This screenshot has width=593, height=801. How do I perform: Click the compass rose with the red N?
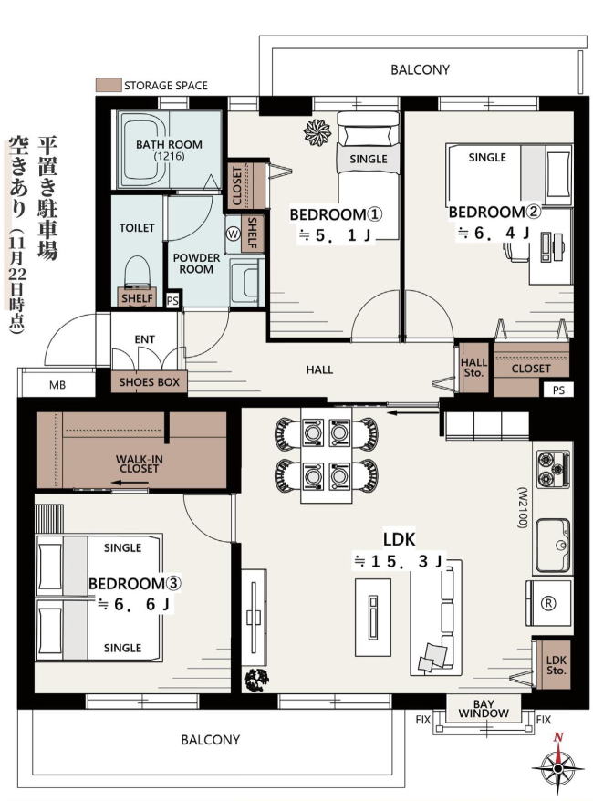click(557, 766)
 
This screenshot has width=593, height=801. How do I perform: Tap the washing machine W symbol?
click(234, 234)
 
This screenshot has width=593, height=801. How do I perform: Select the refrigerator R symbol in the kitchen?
click(548, 603)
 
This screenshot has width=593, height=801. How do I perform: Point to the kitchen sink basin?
click(553, 545)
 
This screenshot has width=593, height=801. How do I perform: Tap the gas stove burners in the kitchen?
click(553, 469)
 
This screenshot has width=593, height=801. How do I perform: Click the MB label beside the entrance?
click(57, 385)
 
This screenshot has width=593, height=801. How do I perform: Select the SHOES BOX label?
click(149, 382)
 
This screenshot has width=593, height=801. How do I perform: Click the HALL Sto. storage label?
click(474, 368)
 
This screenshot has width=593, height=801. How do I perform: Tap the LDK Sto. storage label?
click(556, 664)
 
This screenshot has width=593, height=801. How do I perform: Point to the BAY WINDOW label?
click(484, 709)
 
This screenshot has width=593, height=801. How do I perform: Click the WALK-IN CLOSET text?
click(140, 463)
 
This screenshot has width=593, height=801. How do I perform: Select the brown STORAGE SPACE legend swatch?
click(109, 85)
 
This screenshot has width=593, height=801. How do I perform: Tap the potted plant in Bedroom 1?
click(317, 131)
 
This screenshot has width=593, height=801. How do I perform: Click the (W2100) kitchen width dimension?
click(522, 506)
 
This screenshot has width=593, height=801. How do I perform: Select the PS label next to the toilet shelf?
click(172, 300)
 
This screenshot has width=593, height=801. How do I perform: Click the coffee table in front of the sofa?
click(373, 617)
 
